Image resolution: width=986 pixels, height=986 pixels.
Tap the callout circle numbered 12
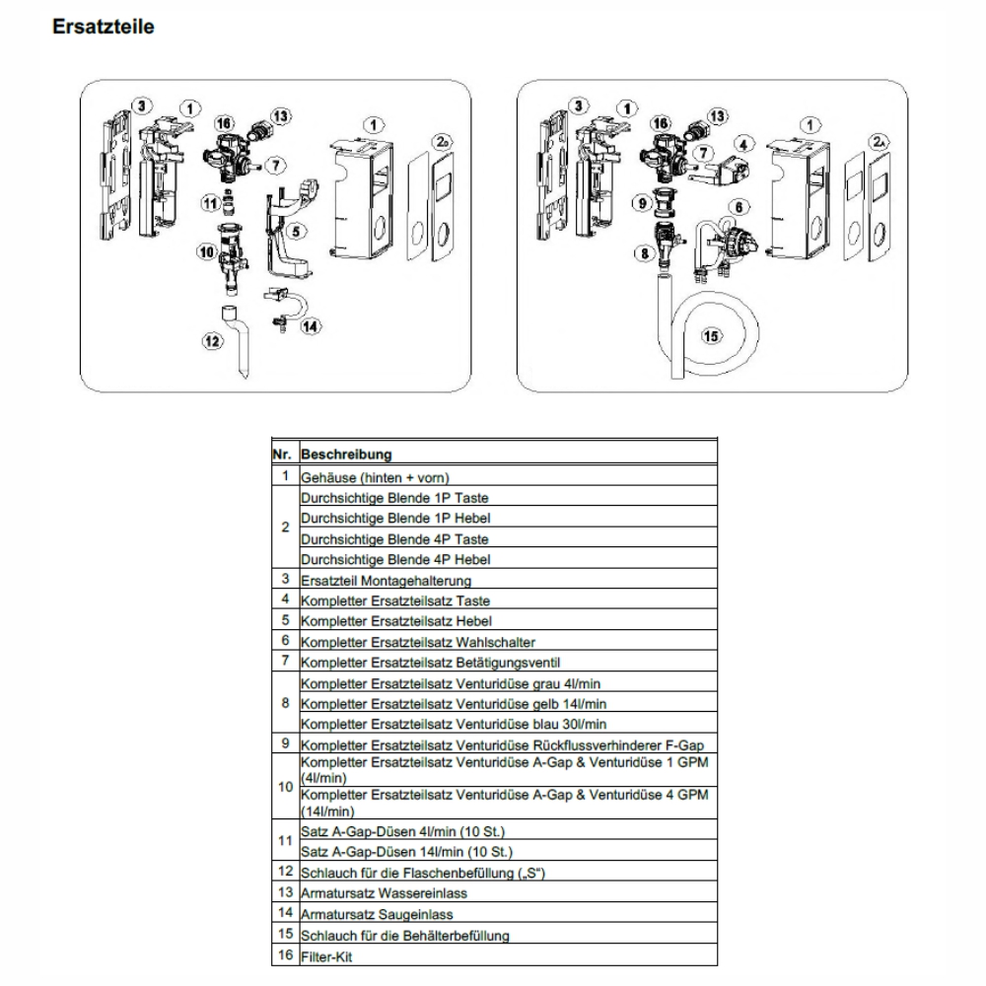pos(210,342)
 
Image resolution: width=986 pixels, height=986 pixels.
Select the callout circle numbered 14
pos(311,325)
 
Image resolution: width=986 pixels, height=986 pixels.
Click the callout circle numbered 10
pos(206,251)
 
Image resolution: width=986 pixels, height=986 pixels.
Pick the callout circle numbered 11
pos(210,203)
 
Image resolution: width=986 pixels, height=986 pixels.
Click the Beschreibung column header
pos(346,456)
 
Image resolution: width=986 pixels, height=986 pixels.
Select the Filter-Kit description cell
pos(324,956)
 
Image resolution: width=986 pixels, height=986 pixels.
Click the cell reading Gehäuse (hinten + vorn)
pos(368,476)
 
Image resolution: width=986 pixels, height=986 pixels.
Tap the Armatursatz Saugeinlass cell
pos(370,915)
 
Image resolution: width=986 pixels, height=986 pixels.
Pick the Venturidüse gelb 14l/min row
pos(454,704)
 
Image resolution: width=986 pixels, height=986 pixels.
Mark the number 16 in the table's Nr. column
pos(285,956)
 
